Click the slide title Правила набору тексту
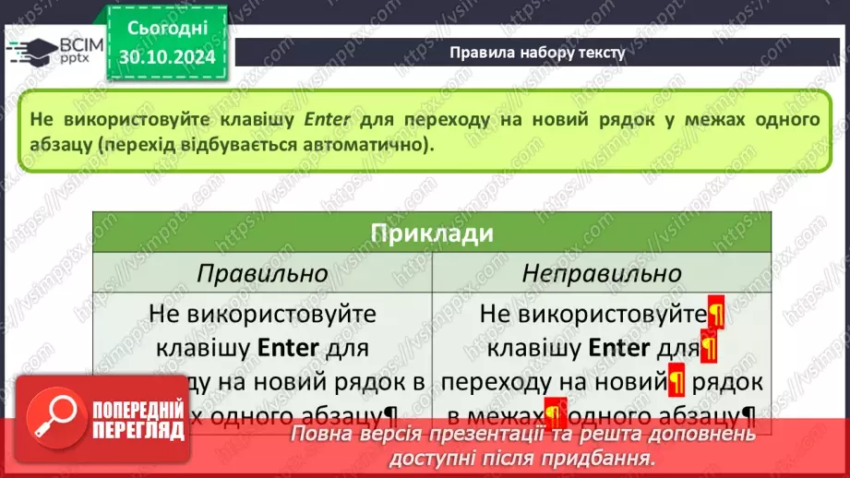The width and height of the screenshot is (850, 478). coord(537,53)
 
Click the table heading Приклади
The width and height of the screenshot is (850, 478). coord(432,233)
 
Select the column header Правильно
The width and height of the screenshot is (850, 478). coord(263,273)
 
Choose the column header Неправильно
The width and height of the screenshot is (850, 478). coord(602,273)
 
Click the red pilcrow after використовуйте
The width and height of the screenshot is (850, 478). coord(715,314)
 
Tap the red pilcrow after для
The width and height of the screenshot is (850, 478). coord(709,348)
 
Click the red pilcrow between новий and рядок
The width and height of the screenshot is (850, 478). coord(676,379)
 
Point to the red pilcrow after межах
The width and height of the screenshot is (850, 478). coord(555,412)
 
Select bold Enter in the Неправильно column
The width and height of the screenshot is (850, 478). coord(619,348)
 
